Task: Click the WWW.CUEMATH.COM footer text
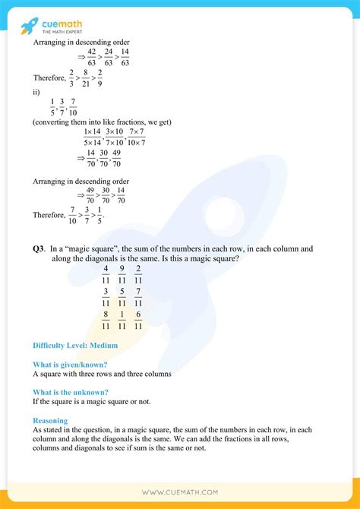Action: click(180, 492)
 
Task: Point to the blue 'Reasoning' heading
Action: click(50, 420)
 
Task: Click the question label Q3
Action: click(39, 249)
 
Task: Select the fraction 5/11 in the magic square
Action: click(122, 297)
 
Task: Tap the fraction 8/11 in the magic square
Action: click(106, 319)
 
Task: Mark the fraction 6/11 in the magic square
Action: click(137, 319)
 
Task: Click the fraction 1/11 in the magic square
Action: click(122, 319)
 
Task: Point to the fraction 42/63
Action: click(92, 57)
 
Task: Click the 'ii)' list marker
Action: click(36, 94)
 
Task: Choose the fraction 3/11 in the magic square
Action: click(106, 297)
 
